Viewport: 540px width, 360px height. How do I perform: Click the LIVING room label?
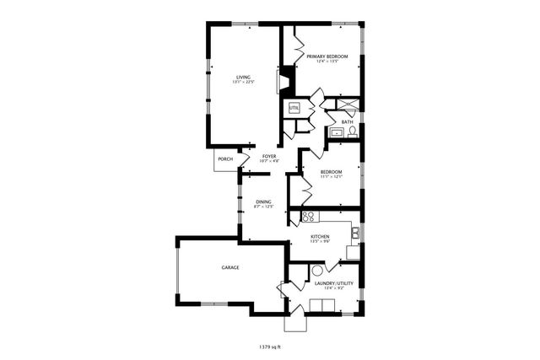(x=243, y=77)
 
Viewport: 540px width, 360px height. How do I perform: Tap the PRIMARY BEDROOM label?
(x=327, y=56)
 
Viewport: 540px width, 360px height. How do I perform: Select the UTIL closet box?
(x=294, y=108)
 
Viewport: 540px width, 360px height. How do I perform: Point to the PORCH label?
(x=225, y=159)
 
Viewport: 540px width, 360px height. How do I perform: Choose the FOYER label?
(x=269, y=156)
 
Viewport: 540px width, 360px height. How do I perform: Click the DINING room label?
(x=263, y=201)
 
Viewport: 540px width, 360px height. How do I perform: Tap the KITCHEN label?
(x=321, y=237)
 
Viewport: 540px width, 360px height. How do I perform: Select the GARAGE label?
(x=230, y=267)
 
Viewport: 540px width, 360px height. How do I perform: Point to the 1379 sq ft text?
(x=270, y=346)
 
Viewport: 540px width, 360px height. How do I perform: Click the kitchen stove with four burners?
(x=296, y=217)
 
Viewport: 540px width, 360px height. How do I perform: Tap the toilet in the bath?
(x=353, y=132)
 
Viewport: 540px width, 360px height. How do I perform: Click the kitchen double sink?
(x=358, y=234)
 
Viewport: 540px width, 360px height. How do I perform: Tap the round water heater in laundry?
(x=317, y=271)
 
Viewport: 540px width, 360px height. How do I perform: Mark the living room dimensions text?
(x=243, y=82)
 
